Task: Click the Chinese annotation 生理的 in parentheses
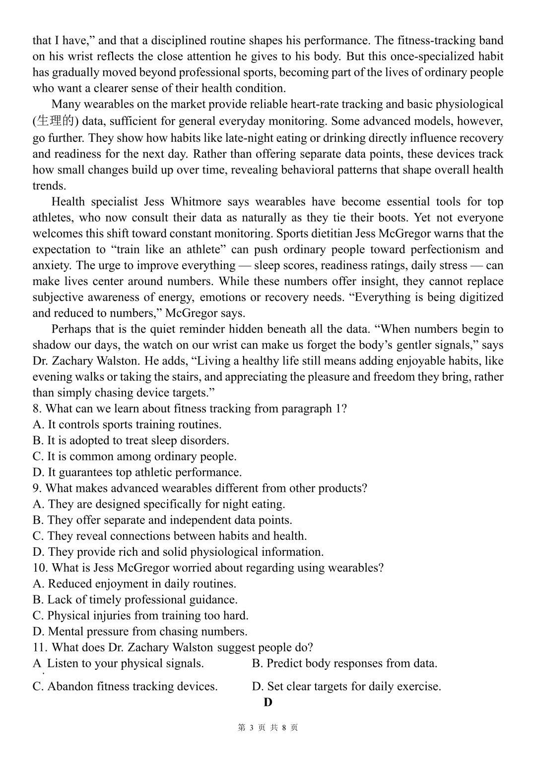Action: point(56,121)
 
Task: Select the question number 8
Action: point(37,408)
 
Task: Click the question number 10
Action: point(40,568)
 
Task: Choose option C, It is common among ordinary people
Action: point(134,456)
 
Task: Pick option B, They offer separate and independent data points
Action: point(162,520)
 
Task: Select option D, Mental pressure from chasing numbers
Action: point(140,631)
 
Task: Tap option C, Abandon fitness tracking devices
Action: point(125,687)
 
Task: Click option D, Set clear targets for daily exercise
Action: point(346,687)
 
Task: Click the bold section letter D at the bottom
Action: point(268,702)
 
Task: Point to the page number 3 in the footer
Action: point(252,728)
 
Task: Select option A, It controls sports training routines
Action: point(127,424)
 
